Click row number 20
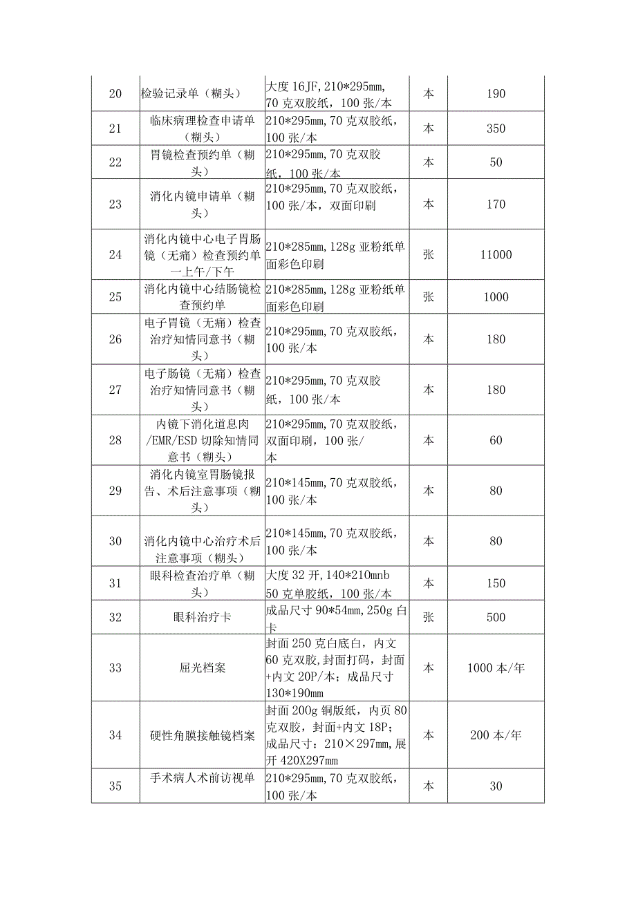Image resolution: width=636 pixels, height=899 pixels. [x=115, y=94]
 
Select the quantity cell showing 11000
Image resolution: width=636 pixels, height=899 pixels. [x=496, y=254]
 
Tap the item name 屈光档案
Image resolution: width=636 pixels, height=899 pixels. [x=202, y=668]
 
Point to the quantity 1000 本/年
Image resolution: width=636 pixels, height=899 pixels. [x=496, y=668]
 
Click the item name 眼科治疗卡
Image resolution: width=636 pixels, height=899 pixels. [x=202, y=617]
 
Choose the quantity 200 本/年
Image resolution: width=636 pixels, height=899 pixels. [x=496, y=735]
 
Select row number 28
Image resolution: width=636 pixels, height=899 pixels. [x=115, y=440]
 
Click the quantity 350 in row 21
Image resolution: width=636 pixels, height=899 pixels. [x=496, y=129]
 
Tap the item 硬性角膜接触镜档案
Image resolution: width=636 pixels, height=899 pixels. [x=202, y=735]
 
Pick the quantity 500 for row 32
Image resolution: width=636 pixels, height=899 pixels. [x=496, y=617]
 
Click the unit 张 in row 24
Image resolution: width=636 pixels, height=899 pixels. [x=429, y=254]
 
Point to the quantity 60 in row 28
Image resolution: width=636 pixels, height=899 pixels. [x=496, y=440]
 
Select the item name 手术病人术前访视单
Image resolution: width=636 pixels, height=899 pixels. [x=202, y=778]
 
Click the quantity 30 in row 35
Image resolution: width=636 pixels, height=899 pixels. [x=496, y=786]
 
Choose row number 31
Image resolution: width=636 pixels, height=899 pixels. [x=115, y=583]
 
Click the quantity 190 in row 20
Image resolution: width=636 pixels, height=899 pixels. [x=496, y=94]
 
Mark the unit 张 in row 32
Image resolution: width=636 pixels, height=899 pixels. [x=429, y=617]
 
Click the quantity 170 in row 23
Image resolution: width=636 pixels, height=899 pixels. [x=496, y=204]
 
